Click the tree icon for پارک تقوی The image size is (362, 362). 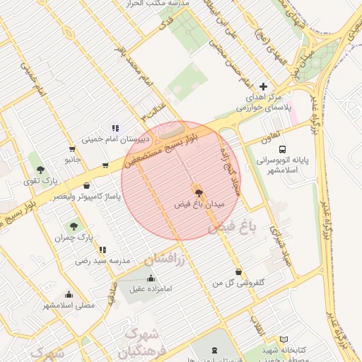pos(40,170)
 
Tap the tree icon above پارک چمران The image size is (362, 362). pos(74,226)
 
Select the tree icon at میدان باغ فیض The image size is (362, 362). pos(198,192)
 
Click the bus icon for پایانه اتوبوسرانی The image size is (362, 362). pos(283,149)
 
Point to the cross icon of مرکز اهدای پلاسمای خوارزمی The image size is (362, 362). pos(264,85)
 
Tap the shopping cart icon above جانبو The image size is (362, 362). pos(72,148)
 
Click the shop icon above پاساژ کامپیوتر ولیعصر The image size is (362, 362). pos(87,185)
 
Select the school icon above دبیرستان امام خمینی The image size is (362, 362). pos(114,129)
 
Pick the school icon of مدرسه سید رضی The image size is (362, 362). pos(103,250)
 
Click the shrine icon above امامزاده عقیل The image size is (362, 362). pos(150,277)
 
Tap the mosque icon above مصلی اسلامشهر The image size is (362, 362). pos(69,294)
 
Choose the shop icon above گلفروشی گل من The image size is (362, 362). pos(238,271)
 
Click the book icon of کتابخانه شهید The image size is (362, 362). pos(284,339)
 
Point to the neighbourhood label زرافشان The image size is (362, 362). pos(164,260)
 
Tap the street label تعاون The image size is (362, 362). pos(269,134)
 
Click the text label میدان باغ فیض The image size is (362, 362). pos(199,204)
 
